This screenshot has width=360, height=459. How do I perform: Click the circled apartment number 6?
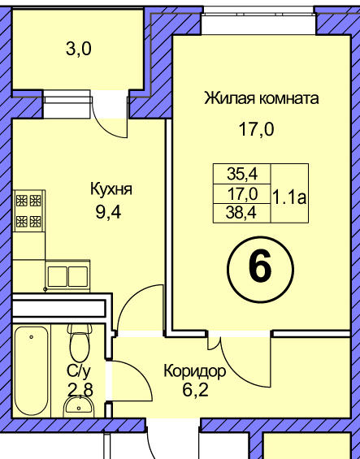tap(260, 270)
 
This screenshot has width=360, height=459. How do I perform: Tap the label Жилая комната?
tap(262, 98)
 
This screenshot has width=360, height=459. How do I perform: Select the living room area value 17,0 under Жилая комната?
tap(257, 129)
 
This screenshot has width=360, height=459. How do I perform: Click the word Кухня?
tap(111, 189)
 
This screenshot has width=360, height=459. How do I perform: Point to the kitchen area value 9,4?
tap(108, 212)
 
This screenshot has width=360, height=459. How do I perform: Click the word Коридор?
tap(195, 372)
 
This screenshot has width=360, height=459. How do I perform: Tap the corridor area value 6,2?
tap(195, 390)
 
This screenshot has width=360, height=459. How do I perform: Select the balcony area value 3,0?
tap(79, 49)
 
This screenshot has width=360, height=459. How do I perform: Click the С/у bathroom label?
tap(79, 371)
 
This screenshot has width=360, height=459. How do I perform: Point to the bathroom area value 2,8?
tap(80, 390)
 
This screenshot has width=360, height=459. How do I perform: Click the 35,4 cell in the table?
tap(242, 174)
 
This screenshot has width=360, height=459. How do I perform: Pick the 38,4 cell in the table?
tap(241, 213)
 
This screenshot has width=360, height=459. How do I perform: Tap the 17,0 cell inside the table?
tap(242, 194)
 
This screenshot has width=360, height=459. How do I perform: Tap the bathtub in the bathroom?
tap(32, 370)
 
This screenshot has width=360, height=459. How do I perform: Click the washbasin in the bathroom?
tap(79, 406)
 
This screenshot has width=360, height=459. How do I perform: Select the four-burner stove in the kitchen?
tap(28, 210)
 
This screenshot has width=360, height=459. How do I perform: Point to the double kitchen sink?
tap(67, 276)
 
